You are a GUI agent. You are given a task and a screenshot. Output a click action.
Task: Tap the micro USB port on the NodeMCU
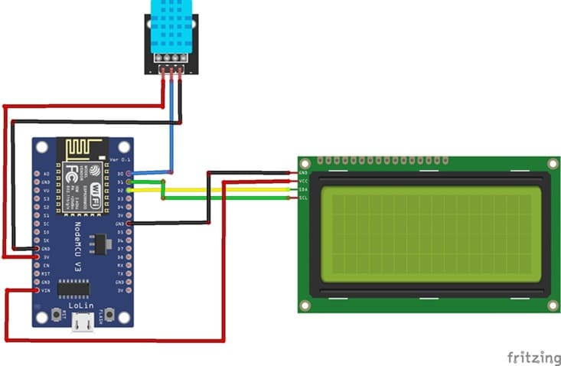(x=83, y=322)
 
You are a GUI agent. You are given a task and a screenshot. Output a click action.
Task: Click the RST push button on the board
(x=58, y=314)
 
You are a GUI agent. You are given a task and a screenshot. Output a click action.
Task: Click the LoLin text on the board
(x=81, y=305)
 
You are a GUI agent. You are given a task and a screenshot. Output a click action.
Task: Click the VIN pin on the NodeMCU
(x=38, y=291)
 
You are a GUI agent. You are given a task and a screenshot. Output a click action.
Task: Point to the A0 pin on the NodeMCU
(x=38, y=175)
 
